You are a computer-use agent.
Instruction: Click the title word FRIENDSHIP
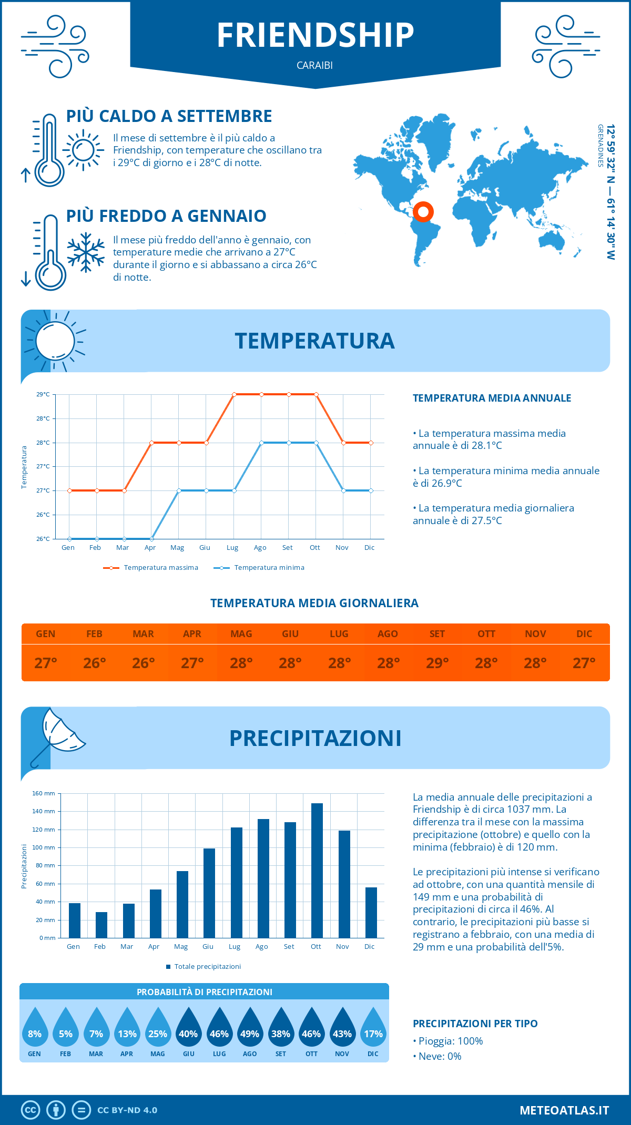coord(315,35)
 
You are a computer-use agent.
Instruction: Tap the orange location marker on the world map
coord(423,212)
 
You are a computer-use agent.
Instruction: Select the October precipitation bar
coord(317,870)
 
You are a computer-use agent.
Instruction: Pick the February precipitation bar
coord(101,925)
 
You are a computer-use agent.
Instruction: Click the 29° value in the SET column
coord(437,663)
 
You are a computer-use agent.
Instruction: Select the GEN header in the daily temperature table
coord(46,633)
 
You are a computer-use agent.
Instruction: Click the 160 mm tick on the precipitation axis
coord(44,793)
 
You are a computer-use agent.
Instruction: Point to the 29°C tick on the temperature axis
coord(43,394)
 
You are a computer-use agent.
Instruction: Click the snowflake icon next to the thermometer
coord(86,252)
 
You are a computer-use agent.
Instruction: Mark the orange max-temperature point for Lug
coord(234,394)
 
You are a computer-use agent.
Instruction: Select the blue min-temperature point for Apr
coord(151,539)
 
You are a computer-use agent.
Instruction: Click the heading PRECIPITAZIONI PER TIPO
coord(475,1024)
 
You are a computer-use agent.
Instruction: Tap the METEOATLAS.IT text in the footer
coord(564,1110)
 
